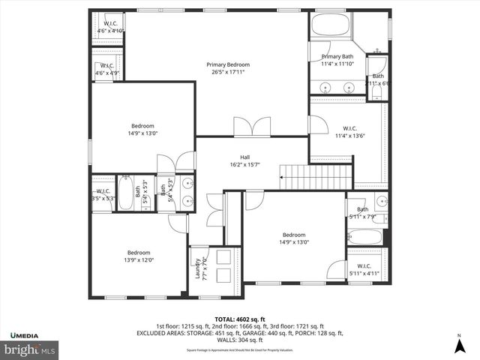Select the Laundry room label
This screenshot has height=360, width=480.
tap(199, 267)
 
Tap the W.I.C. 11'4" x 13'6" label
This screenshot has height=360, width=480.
tap(349, 132)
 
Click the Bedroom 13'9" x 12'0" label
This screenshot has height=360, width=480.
tap(139, 256)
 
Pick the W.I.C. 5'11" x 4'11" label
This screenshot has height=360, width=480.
tap(364, 270)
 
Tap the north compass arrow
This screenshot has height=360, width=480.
tap(459, 344)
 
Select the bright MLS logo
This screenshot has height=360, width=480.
tap(30, 349)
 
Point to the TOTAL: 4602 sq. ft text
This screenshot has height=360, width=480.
tap(240, 319)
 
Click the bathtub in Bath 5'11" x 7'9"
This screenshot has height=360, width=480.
tap(365, 238)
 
